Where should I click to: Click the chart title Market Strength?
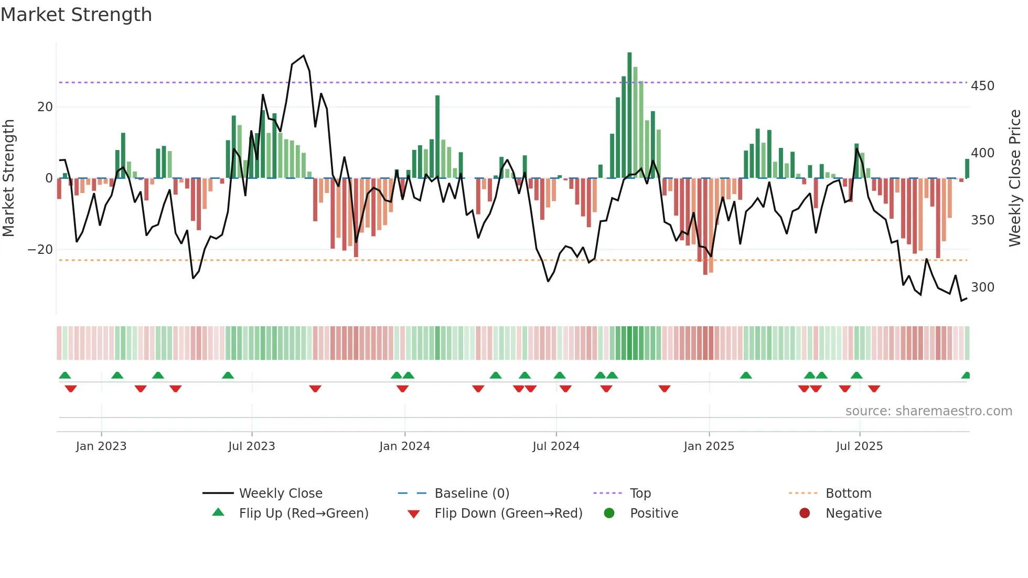pyautogui.click(x=76, y=15)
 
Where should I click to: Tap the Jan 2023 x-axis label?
pyautogui.click(x=101, y=446)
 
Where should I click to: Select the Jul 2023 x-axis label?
pyautogui.click(x=252, y=446)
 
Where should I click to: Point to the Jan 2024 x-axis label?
pyautogui.click(x=404, y=446)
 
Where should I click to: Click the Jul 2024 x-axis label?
pyautogui.click(x=556, y=446)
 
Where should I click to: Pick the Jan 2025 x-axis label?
pyautogui.click(x=709, y=446)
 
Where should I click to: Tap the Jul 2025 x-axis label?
pyautogui.click(x=859, y=446)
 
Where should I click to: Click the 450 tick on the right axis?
pyautogui.click(x=982, y=86)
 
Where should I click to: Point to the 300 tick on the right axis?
pyautogui.click(x=982, y=287)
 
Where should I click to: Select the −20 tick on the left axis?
pyautogui.click(x=40, y=250)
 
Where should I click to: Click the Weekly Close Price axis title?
pyautogui.click(x=1015, y=178)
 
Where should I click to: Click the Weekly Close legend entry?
pyautogui.click(x=281, y=494)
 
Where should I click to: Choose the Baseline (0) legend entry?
pyautogui.click(x=472, y=494)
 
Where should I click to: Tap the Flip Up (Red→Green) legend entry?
pyautogui.click(x=303, y=513)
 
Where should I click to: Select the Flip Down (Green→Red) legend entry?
pyautogui.click(x=508, y=513)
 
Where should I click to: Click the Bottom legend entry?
pyautogui.click(x=848, y=494)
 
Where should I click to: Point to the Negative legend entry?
pyautogui.click(x=853, y=513)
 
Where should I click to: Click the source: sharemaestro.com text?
pyautogui.click(x=928, y=411)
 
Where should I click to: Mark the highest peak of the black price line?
pyautogui.click(x=304, y=56)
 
